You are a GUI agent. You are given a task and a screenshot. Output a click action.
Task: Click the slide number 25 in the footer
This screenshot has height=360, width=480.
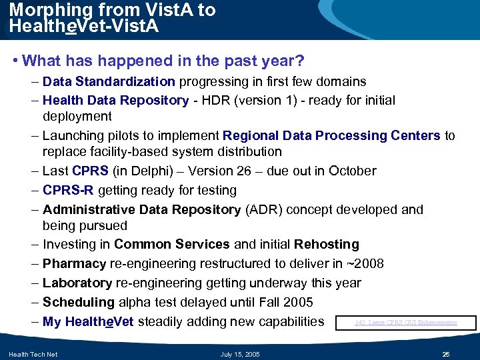[x=447, y=354]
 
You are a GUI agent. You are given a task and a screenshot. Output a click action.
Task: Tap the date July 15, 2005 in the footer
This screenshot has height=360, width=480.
[x=240, y=354]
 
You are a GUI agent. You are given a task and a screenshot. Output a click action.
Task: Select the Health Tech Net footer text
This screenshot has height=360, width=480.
[x=33, y=354]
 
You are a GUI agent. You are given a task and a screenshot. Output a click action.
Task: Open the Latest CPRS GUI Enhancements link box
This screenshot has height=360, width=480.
[x=406, y=323]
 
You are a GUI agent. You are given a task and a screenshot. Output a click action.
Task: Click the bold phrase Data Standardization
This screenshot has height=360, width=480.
[x=109, y=82]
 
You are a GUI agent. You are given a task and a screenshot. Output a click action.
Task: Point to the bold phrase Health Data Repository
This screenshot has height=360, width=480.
[x=115, y=101]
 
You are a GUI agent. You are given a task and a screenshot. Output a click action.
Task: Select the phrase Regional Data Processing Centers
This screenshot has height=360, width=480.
[x=331, y=136]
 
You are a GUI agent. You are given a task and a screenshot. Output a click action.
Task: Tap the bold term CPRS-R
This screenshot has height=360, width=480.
[x=69, y=191]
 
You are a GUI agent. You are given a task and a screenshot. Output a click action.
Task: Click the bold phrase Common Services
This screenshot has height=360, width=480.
[x=172, y=245]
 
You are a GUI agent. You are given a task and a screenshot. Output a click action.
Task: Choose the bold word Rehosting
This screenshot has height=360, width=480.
[x=327, y=245]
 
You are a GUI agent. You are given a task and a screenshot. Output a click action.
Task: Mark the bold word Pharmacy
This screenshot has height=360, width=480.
[x=74, y=264]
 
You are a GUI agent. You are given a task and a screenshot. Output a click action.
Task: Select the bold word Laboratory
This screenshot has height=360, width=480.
[x=77, y=283]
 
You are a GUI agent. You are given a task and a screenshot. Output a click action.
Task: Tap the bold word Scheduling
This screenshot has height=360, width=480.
[x=78, y=303]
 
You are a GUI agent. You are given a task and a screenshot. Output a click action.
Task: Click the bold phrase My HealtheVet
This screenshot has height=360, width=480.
[x=88, y=322]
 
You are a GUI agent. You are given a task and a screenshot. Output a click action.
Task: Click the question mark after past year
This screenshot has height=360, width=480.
[x=300, y=61]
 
